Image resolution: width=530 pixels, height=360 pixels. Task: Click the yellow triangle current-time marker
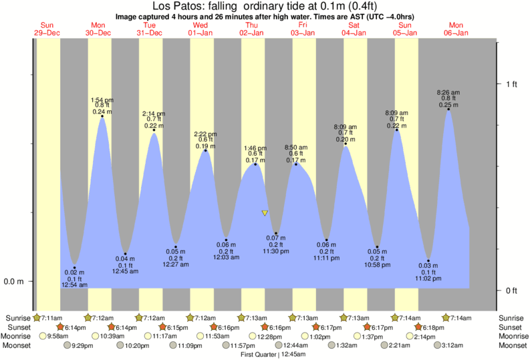click(265, 214)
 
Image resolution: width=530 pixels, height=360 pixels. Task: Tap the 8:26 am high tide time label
click(447, 92)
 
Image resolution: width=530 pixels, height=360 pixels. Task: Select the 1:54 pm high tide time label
click(102, 100)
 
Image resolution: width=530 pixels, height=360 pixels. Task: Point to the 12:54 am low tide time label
click(74, 285)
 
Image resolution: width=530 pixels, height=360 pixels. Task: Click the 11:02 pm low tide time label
click(428, 279)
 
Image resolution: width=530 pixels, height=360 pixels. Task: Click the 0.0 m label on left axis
click(15, 282)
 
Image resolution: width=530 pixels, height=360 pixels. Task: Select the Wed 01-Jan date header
click(201, 29)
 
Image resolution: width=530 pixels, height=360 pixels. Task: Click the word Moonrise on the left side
click(18, 337)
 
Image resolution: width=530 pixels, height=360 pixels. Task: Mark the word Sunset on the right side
click(511, 327)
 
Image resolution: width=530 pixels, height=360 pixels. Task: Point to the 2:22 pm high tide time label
click(204, 134)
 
